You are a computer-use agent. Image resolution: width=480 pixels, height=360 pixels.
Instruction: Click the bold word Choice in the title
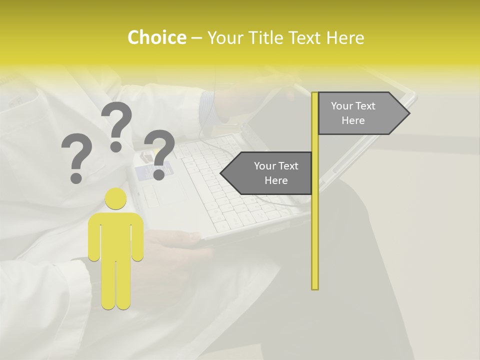[156, 37]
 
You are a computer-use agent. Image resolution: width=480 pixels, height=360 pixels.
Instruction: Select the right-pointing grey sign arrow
[360, 113]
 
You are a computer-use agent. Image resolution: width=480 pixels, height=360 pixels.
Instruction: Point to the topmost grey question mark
[116, 125]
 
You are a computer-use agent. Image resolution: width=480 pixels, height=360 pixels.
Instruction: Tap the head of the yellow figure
[115, 199]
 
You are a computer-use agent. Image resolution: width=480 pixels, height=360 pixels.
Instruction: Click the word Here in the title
[345, 38]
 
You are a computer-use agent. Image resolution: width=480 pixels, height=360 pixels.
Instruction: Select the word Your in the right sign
[342, 106]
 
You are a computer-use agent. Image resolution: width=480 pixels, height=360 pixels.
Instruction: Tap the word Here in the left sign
[276, 180]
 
